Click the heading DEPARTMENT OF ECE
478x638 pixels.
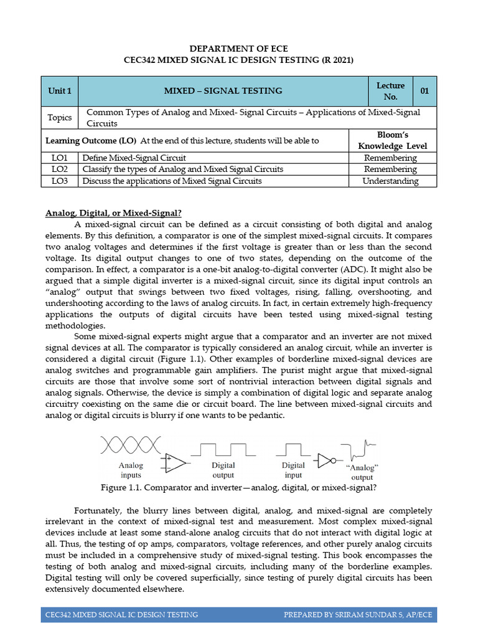coord(239,49)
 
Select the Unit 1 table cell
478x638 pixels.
coord(60,91)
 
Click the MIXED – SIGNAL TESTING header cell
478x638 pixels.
coord(223,91)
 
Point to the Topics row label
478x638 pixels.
coord(60,118)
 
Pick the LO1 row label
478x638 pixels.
coord(60,158)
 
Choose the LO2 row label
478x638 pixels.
coord(60,169)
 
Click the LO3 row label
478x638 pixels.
coord(60,181)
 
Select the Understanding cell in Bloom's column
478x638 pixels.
coord(391,181)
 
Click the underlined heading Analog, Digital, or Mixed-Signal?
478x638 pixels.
coord(113,213)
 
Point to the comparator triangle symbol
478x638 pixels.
coord(176,462)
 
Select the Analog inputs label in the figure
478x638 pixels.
coord(131,470)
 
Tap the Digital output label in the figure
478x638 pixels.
coord(223,470)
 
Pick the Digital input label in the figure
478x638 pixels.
coord(293,470)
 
